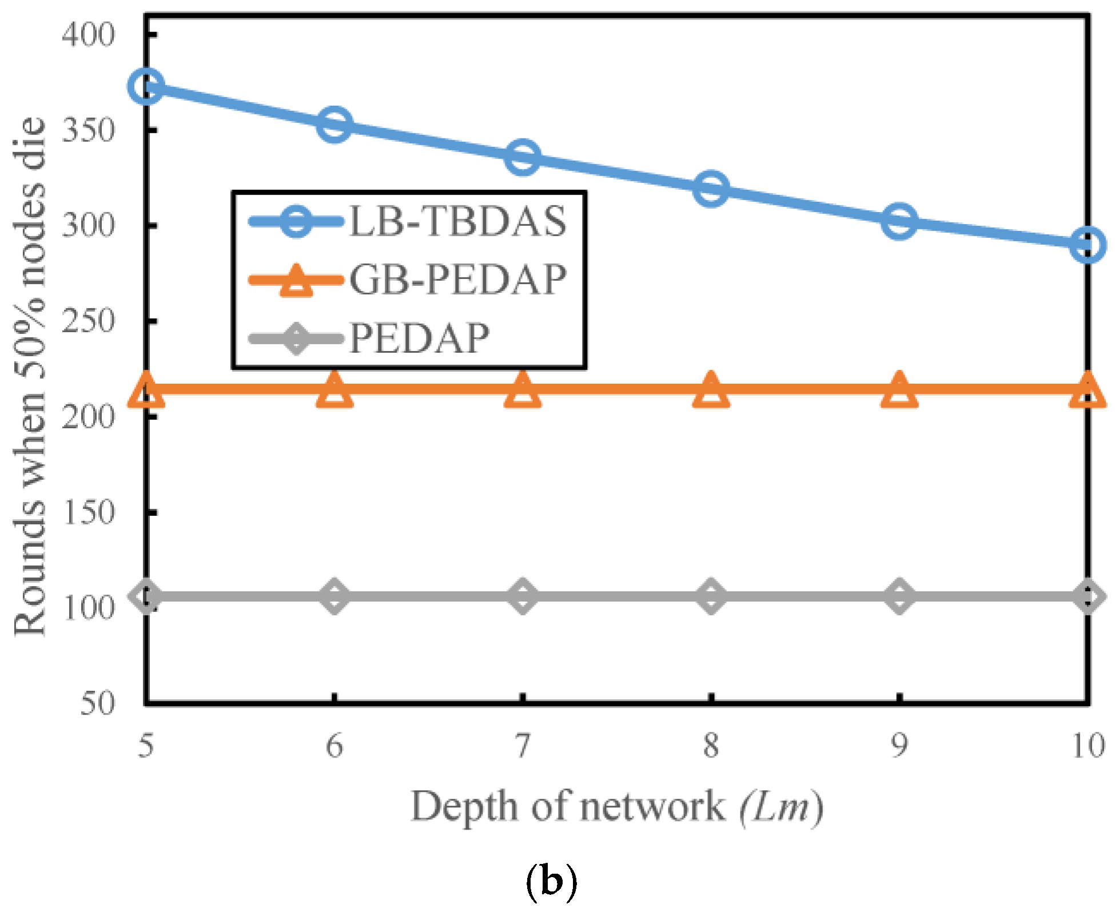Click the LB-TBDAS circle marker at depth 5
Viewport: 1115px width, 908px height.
(146, 86)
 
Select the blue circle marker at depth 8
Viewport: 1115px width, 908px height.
(711, 188)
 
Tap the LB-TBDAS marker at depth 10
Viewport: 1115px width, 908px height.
(1086, 245)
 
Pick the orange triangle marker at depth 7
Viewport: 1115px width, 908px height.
(522, 390)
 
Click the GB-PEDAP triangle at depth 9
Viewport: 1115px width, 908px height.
(899, 390)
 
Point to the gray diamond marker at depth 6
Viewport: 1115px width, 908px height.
(334, 596)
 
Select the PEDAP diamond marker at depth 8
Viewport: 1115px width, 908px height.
(711, 596)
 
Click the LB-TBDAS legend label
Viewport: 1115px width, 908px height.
(457, 221)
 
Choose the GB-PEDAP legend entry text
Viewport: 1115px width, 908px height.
(457, 280)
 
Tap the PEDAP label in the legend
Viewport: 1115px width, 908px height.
(419, 338)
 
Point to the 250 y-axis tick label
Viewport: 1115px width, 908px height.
(89, 321)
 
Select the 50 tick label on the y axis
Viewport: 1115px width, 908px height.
(97, 703)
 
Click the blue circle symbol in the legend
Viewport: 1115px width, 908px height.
(296, 221)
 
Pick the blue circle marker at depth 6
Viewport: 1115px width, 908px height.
(334, 124)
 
